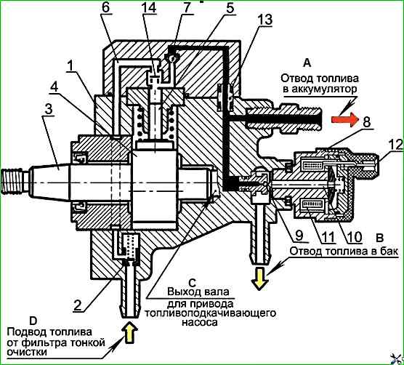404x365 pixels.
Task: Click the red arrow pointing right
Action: tap(344, 119)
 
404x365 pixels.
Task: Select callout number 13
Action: tap(265, 20)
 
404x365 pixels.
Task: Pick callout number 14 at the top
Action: tap(149, 7)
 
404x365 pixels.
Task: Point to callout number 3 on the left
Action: tap(48, 109)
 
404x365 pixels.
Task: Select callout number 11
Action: tap(327, 236)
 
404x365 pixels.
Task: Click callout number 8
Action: tap(367, 121)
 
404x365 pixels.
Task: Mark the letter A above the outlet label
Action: tap(307, 63)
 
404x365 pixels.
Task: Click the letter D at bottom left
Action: tap(33, 321)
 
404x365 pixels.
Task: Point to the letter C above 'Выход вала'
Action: tap(193, 283)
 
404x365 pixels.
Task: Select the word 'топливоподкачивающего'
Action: tap(210, 313)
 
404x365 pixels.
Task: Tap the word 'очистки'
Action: tap(27, 352)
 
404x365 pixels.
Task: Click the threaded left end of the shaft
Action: tap(15, 181)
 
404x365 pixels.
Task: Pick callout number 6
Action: tap(105, 8)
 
